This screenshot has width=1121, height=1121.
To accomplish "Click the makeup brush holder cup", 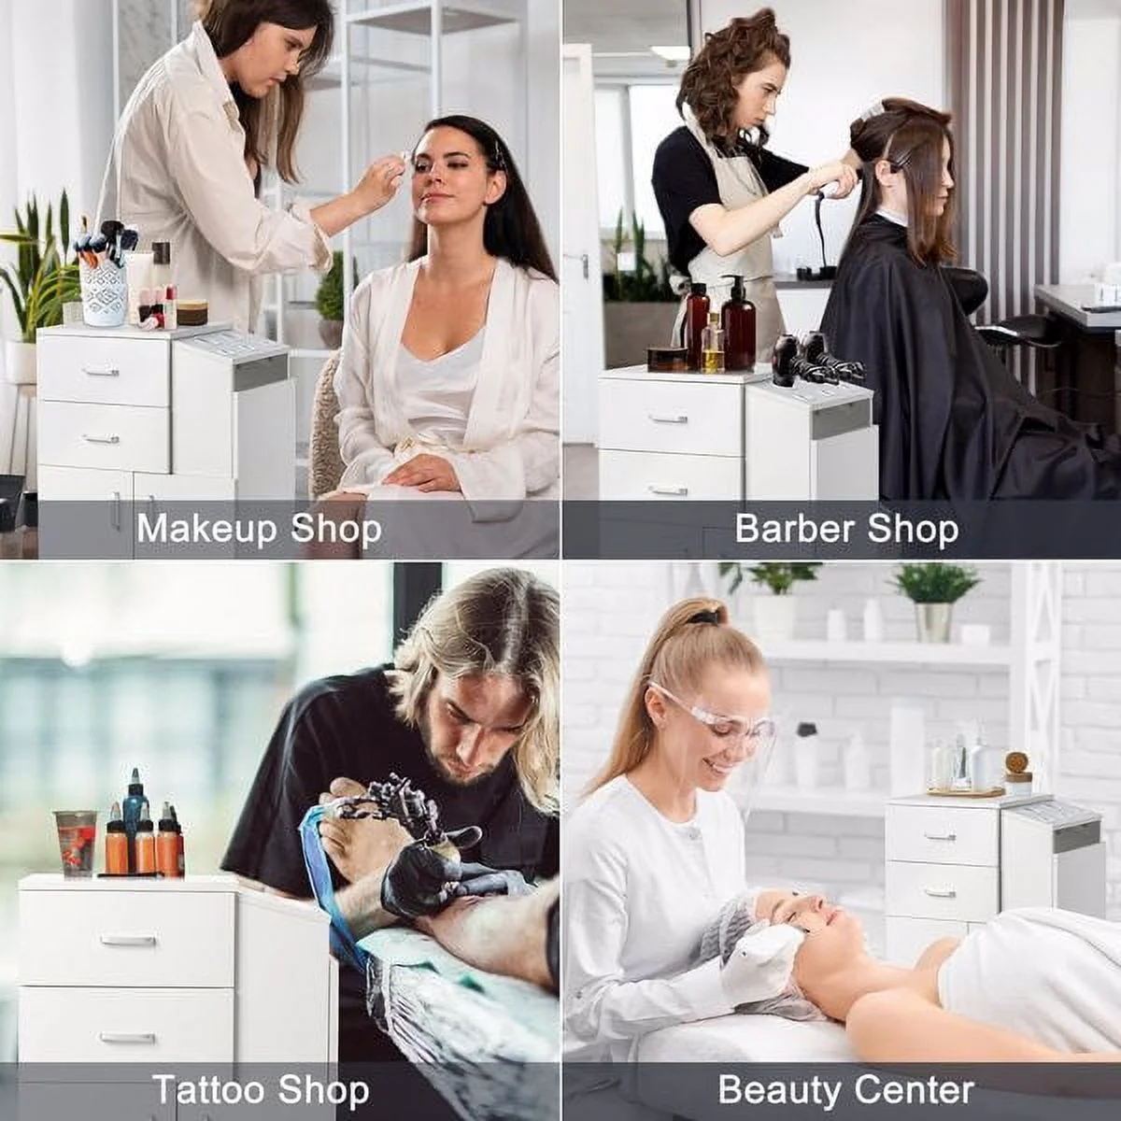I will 105,291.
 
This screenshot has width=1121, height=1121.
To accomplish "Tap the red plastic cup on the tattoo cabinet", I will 76,843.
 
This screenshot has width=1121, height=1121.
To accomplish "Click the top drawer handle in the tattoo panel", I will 128,940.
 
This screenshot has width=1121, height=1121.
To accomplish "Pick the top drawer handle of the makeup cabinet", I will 101,372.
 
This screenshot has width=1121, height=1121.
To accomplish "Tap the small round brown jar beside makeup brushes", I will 192,312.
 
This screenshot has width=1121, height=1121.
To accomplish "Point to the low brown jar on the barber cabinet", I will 667,359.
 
